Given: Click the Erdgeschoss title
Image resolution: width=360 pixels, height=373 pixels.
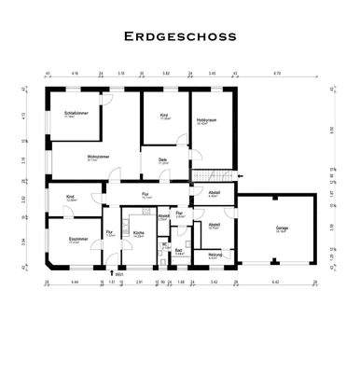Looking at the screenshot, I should pos(180,37).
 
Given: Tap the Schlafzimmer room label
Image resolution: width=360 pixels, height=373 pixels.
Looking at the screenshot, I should pos(69,115).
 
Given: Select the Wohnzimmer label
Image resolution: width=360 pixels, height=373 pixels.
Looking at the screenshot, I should pos(98,156).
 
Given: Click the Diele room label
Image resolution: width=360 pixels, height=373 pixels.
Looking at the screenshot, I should pos(161,161).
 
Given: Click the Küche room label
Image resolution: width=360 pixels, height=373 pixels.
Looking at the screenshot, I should pos(138,235).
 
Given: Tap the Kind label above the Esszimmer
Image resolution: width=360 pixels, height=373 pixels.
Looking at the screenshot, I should pos(70,197).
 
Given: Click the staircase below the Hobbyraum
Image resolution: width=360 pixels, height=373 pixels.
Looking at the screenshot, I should pos(213,174).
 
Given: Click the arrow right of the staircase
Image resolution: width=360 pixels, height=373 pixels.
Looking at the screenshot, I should pos(241,174).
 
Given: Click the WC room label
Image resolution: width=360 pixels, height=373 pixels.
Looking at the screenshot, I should pos(164,244).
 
